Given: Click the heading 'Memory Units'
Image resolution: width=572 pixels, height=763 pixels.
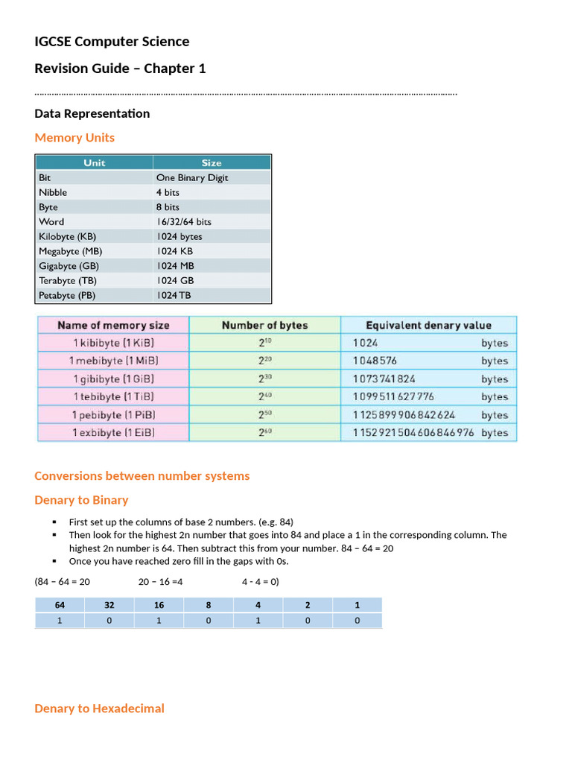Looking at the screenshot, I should coord(74,138).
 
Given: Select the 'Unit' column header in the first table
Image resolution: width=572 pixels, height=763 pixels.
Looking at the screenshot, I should coord(95,162).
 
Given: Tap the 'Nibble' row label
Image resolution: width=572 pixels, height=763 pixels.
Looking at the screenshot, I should coord(53,192).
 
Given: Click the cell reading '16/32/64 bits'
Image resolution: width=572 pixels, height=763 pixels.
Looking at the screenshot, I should coord(183,222).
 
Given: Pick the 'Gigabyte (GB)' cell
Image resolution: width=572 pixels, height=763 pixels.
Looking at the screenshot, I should coord(69,266).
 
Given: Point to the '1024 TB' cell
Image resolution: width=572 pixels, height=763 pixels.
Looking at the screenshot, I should coord(174,296).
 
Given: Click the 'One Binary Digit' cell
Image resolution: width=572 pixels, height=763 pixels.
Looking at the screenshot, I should coord(192,178).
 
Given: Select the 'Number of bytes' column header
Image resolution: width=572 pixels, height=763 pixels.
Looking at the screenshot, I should coord(264,326).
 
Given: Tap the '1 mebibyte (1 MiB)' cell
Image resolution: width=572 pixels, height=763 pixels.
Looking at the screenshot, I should coord(113,361).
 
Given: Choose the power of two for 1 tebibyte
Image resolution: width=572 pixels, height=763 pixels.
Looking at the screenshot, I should coord(264,396).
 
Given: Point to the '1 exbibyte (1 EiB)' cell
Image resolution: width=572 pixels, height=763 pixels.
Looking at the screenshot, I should coord(113,433).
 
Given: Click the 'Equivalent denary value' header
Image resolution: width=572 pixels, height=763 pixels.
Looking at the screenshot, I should coord(428,326).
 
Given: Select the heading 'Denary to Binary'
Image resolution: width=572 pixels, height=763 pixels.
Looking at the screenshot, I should coord(81,500).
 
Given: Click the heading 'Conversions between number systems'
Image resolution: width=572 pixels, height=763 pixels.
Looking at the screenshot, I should coord(142,476).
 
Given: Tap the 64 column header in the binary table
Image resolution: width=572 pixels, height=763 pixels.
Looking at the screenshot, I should coord(60,605).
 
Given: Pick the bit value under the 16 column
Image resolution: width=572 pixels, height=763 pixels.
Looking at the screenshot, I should coord(159,621).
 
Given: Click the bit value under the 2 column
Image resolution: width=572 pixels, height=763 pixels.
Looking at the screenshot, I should coord(308,621).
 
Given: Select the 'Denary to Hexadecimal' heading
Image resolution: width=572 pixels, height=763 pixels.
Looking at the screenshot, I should coord(99,709).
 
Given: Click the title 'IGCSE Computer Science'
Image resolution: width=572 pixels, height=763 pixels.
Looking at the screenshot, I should coord(112,42).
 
